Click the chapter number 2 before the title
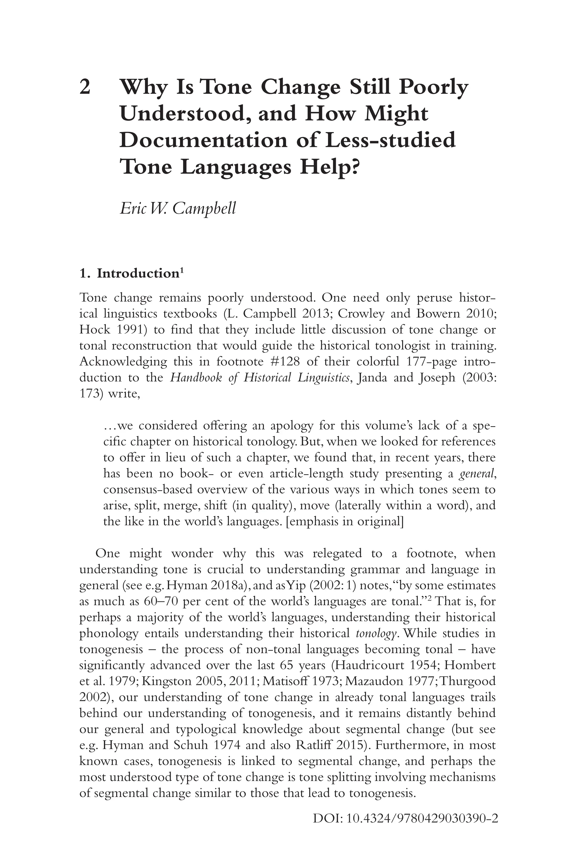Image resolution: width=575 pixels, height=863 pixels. [85, 87]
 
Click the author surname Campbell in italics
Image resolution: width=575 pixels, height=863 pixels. [204, 208]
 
